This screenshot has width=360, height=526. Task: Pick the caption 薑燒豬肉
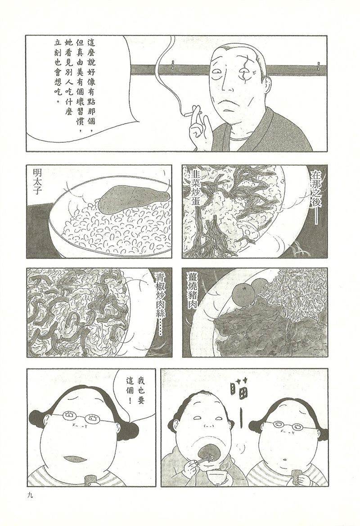[195, 290]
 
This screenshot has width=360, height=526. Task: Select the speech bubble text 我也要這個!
[135, 390]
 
